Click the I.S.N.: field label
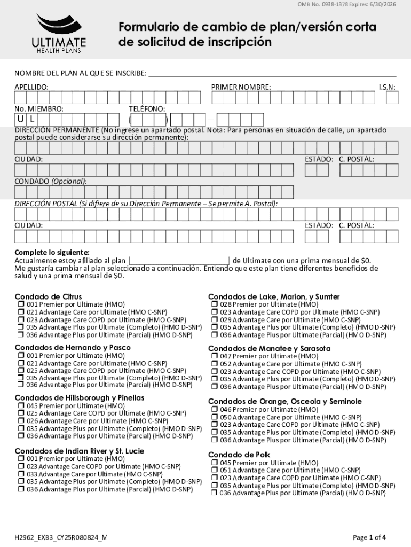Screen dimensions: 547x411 tap(387, 87)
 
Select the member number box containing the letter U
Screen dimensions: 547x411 tap(20, 119)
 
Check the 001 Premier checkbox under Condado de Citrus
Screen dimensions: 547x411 tap(21, 304)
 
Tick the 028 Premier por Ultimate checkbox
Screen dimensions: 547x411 tap(214, 304)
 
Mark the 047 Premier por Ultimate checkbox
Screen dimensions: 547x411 tap(214, 356)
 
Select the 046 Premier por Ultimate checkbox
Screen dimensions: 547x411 tap(214, 410)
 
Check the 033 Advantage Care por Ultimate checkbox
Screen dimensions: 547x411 tap(21, 474)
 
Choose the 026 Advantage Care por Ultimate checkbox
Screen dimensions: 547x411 tap(21, 421)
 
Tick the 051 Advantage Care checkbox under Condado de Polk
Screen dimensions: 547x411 tap(214, 471)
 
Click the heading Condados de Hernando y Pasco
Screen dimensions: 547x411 tap(73, 348)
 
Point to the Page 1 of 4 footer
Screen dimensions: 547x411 tap(369, 537)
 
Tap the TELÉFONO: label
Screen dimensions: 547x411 tap(147, 108)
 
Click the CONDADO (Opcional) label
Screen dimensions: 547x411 tap(50, 181)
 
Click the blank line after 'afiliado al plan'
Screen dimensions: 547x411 tap(179, 261)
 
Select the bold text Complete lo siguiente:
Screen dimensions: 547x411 tap(52, 252)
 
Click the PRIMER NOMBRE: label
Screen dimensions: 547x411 tap(241, 87)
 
